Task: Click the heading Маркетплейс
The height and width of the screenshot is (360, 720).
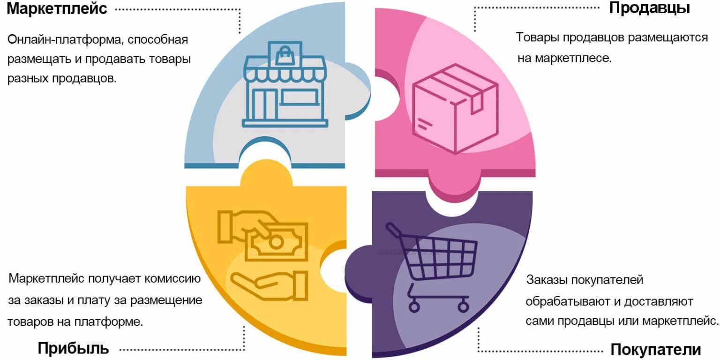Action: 57,8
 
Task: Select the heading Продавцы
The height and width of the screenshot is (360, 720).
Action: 649,8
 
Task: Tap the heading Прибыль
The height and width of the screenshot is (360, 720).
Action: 73,348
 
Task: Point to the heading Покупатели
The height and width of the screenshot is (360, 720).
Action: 655,350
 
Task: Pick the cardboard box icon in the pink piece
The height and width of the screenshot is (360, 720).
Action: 454,109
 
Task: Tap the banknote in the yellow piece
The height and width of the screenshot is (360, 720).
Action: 277,241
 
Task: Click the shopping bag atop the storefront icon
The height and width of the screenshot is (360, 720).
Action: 284,55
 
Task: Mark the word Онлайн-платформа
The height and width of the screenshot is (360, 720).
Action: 65,39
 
